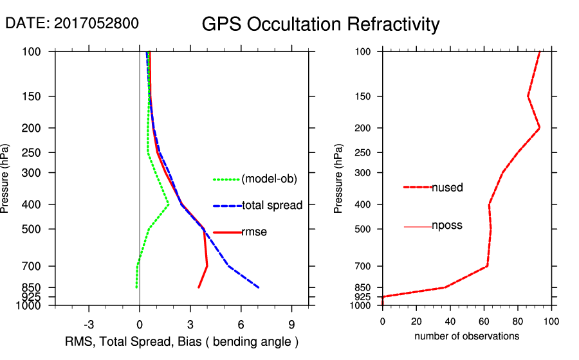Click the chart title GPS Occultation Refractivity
click(320, 24)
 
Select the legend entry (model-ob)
click(269, 179)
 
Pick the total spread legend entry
click(272, 206)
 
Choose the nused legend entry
click(447, 188)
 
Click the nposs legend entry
click(447, 226)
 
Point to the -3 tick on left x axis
click(89, 324)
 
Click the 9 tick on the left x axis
click(291, 324)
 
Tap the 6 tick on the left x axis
click(241, 324)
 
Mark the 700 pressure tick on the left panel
click(41, 266)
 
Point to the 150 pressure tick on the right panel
click(365, 96)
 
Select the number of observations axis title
click(466, 336)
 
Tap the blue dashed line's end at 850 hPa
click(259, 287)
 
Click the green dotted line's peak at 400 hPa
click(169, 204)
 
